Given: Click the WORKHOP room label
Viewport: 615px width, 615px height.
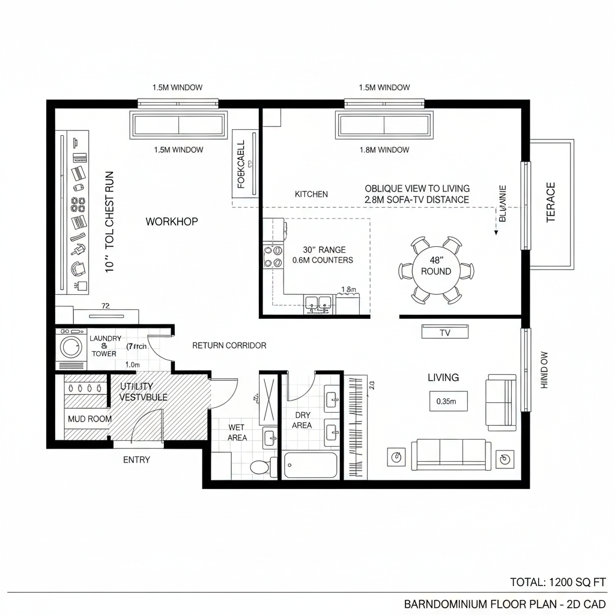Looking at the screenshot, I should click(171, 222).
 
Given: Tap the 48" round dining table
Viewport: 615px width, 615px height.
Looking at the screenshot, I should click(436, 266).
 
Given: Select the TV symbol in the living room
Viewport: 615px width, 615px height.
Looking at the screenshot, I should click(444, 332).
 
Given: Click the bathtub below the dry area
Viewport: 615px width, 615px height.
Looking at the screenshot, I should click(311, 465).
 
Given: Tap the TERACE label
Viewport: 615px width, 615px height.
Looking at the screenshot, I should click(551, 202).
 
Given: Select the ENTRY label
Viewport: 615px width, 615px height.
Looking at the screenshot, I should click(136, 460).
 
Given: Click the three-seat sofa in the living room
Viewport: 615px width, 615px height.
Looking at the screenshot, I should click(450, 455).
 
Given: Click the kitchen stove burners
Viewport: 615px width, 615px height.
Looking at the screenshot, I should click(273, 256).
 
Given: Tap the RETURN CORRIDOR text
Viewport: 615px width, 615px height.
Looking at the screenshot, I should click(229, 345).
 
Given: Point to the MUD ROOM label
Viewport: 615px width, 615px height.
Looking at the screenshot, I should click(89, 419).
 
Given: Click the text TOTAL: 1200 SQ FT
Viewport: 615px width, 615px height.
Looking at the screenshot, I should click(558, 582).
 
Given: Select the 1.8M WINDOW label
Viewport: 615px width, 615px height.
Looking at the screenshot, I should click(384, 150).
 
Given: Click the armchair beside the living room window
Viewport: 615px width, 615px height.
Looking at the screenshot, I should click(501, 402).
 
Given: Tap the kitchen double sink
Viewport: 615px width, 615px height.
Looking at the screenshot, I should click(318, 303).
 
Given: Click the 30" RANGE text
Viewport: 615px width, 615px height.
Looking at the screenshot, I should click(324, 249).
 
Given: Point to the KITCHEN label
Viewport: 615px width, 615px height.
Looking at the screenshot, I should click(311, 194).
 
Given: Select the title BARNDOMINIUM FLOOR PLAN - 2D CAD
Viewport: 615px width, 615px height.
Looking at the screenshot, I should click(504, 603).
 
